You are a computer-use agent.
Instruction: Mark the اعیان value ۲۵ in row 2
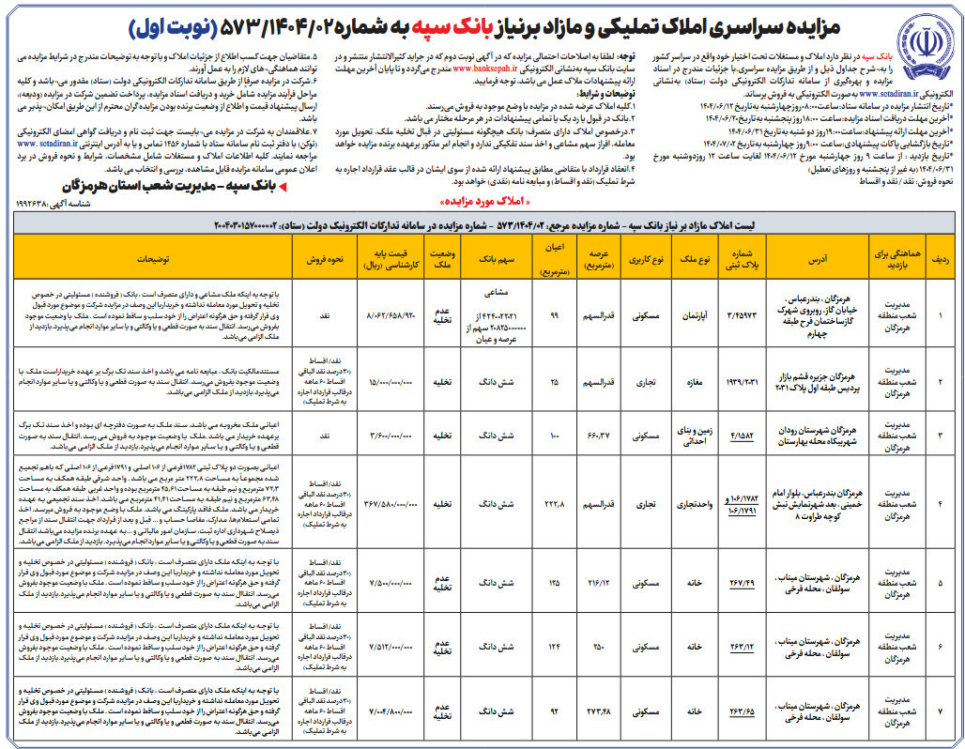click(x=554, y=381)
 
